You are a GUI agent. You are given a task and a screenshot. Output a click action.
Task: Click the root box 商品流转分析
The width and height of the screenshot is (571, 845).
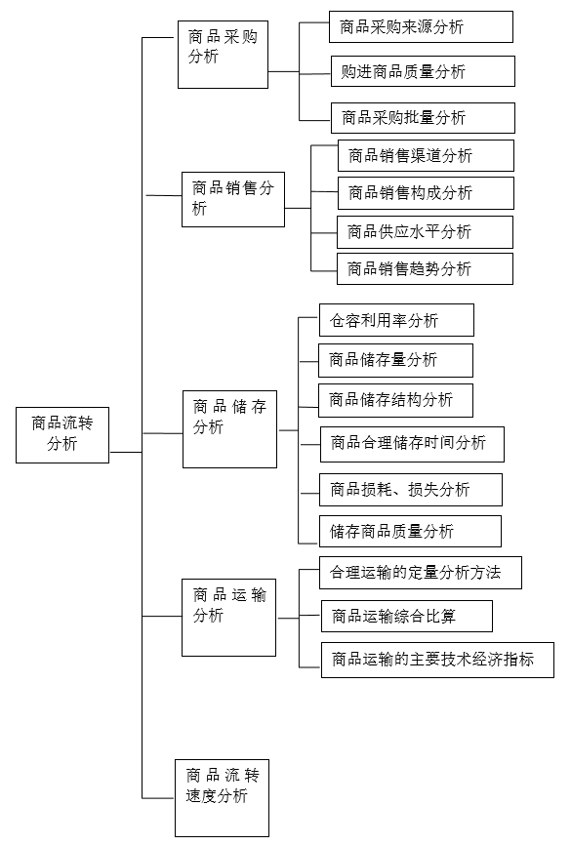[x=62, y=435]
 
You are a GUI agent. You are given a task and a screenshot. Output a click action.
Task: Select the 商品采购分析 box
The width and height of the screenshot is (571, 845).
[x=224, y=55]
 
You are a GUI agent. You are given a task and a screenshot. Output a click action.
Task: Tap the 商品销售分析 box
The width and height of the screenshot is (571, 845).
[x=233, y=199]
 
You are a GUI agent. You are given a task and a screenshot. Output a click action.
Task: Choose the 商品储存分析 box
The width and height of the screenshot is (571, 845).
[x=229, y=429]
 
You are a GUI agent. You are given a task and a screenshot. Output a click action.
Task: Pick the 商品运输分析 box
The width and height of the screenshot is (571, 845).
[x=228, y=618]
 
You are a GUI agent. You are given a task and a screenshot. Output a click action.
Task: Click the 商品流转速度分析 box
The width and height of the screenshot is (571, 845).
[x=223, y=798]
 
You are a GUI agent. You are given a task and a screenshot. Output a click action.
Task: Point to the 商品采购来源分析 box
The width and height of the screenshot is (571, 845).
[x=421, y=26]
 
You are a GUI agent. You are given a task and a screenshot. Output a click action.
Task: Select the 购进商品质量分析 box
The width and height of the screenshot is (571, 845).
[x=423, y=71]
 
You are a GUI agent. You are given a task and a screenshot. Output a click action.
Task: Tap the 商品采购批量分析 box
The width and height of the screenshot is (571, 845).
[x=423, y=117]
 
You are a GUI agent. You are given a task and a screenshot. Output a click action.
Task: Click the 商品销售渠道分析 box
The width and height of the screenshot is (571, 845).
[x=426, y=156]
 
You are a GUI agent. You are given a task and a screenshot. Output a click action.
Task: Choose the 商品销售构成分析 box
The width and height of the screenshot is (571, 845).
[x=426, y=193]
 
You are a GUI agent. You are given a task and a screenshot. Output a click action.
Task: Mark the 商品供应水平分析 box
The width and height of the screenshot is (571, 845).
[x=425, y=232]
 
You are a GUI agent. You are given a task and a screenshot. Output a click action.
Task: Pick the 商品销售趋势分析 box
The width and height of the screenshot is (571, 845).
[x=425, y=269]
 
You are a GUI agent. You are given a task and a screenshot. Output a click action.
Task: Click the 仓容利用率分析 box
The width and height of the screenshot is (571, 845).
[x=396, y=320]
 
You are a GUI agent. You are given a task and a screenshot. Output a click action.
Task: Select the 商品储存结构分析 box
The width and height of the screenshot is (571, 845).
[x=395, y=400]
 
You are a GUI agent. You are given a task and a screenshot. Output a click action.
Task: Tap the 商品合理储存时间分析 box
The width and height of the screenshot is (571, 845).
[x=413, y=445]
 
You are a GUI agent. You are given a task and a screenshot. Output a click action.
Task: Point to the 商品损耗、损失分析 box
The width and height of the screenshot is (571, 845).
[x=411, y=490]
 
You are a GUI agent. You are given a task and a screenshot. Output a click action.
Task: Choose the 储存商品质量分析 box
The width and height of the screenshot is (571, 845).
[x=410, y=532]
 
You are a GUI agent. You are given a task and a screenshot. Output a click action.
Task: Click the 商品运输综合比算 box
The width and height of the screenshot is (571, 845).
[x=407, y=616]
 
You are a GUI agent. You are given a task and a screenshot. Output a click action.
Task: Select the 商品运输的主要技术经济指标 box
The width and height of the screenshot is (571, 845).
[x=438, y=660]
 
